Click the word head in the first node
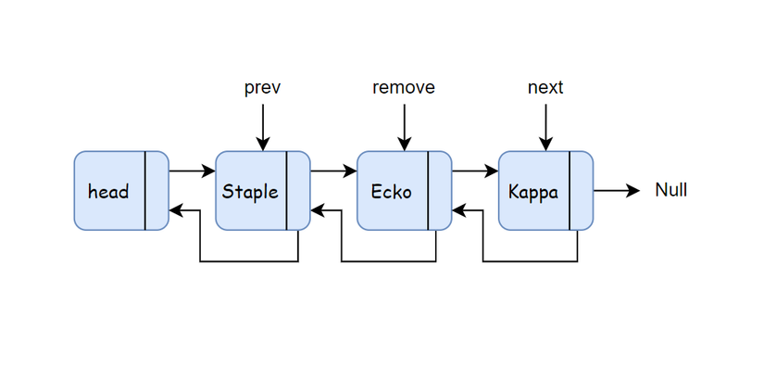108,192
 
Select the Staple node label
250,192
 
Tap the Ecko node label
391,192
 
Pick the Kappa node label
533,192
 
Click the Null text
671,190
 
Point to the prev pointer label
263,88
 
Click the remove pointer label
404,88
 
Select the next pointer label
545,88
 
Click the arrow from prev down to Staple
263,128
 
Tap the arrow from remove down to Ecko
404,128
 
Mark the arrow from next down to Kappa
545,128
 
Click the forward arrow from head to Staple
192,171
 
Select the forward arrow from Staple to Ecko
333,171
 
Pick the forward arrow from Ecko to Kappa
475,171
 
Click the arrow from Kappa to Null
617,190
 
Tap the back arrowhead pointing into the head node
175,210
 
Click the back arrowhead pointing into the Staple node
317,210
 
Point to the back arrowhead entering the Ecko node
458,210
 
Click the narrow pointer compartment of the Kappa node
582,190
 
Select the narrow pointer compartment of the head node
157,190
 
